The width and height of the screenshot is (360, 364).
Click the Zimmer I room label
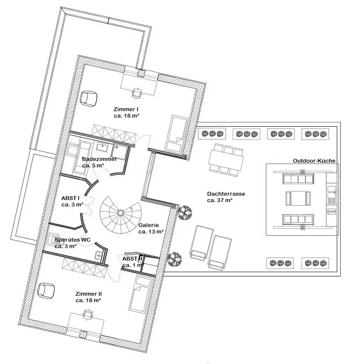click(x=126, y=112)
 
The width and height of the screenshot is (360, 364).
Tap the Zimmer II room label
click(x=88, y=297)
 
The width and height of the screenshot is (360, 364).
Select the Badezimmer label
click(x=99, y=162)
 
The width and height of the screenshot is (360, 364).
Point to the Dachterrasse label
click(x=226, y=197)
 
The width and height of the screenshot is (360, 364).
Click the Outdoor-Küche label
click(x=314, y=161)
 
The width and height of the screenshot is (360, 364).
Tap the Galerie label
click(x=151, y=228)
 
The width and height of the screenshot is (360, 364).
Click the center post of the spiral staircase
click(x=121, y=212)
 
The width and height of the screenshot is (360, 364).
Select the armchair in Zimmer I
click(x=88, y=99)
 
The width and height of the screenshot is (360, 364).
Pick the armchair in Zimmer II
click(x=46, y=291)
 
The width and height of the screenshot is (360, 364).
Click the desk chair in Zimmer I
click(x=137, y=93)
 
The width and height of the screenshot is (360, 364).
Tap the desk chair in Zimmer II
click(x=87, y=314)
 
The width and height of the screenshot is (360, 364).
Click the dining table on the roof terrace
click(x=226, y=160)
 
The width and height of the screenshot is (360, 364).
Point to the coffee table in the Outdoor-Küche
click(x=298, y=198)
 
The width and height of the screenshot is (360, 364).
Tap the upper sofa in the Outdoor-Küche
click(x=298, y=179)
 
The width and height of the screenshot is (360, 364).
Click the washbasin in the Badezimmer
click(x=102, y=147)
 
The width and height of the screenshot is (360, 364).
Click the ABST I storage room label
click(x=72, y=201)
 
